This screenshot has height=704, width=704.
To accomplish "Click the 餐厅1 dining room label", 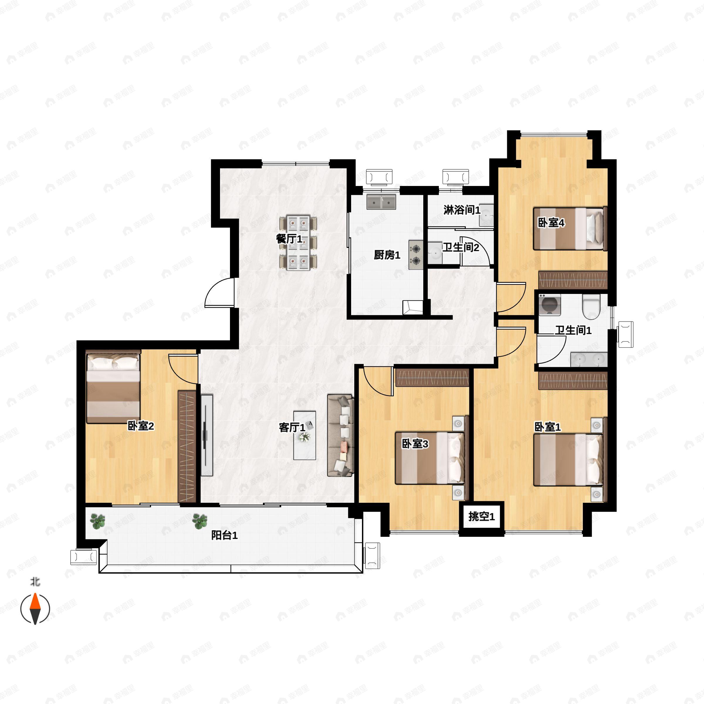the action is click(x=289, y=239).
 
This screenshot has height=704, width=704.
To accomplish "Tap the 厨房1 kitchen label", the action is click(x=387, y=255).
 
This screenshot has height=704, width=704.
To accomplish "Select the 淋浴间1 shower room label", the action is click(x=462, y=210).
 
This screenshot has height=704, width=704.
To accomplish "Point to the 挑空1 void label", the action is click(x=481, y=516).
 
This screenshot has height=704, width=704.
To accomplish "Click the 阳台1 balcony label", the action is click(x=224, y=535).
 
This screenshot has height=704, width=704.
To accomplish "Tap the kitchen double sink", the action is click(x=381, y=202).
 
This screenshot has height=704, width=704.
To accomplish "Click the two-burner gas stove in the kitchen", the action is click(x=416, y=255).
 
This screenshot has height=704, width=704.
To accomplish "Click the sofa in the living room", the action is click(x=340, y=435).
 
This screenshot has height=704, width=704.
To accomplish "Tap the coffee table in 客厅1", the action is click(x=305, y=435).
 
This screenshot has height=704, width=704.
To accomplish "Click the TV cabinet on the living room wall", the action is click(x=207, y=435).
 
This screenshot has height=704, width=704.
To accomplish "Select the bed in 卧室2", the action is click(x=113, y=387).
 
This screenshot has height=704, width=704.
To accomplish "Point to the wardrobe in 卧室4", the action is click(x=573, y=280).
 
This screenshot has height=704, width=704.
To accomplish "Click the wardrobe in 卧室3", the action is click(x=432, y=378).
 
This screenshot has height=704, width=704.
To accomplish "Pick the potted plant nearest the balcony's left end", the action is click(x=98, y=521).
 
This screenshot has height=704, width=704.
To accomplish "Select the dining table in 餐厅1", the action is click(x=298, y=243).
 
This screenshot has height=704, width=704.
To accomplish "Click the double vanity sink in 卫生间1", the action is click(x=589, y=360).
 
